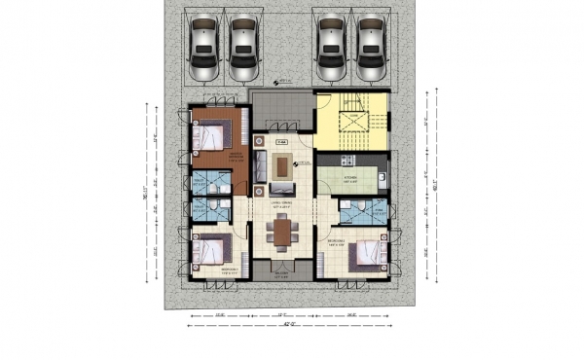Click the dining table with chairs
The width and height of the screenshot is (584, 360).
[x=283, y=232]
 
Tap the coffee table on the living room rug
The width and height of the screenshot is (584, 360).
[x=283, y=165]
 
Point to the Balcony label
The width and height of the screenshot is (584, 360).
[x=282, y=275]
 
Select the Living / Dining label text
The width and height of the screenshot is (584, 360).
[x=282, y=204]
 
